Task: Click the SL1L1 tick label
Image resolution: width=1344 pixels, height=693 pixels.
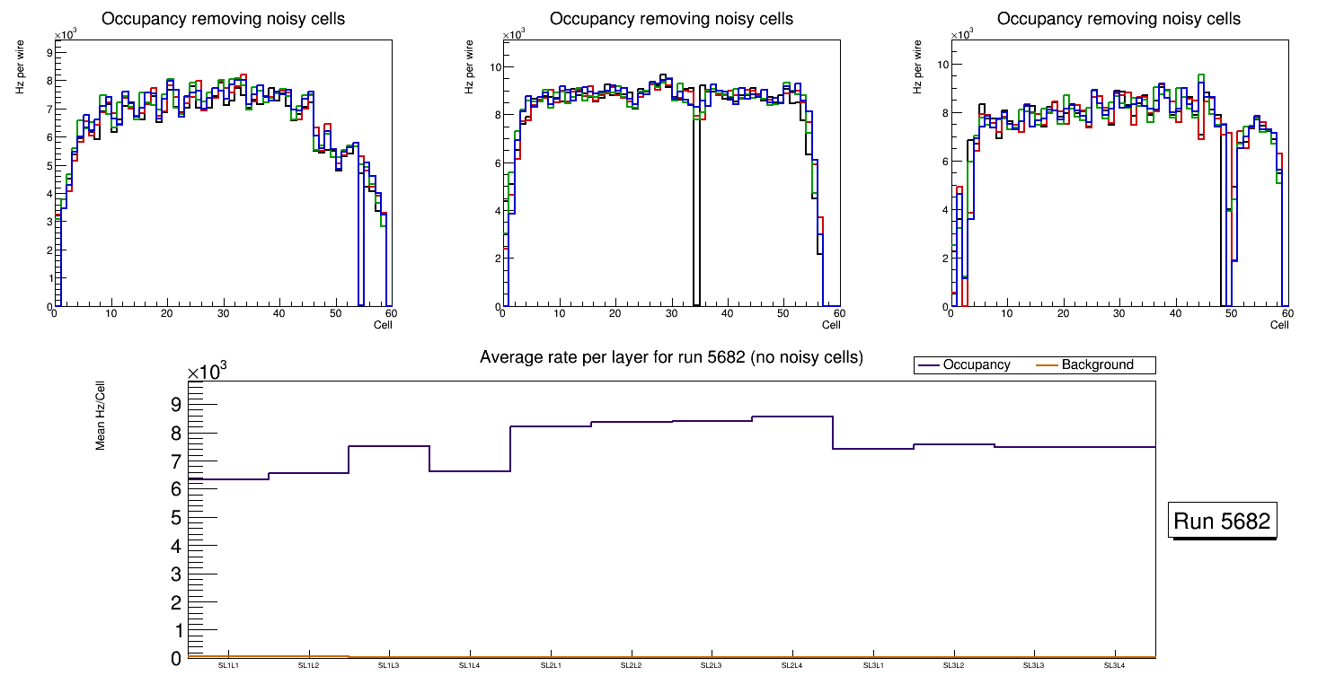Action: coord(229,666)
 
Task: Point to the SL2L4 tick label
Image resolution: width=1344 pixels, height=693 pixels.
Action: coord(791,666)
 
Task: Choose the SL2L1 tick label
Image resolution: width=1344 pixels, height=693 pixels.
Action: coord(551,666)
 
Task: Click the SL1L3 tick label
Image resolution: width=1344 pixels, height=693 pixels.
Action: coord(389,666)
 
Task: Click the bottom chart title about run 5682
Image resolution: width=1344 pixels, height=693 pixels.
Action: coord(671,357)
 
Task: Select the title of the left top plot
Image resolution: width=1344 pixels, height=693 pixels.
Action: coord(223,19)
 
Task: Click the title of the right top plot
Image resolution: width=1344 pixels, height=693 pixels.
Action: coord(1119,19)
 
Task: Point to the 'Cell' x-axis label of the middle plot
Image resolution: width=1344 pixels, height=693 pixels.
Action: coord(831,325)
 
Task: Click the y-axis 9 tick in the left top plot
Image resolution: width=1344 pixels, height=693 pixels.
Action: coord(47,52)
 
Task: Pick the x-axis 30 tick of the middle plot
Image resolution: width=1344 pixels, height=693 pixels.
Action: coord(670,314)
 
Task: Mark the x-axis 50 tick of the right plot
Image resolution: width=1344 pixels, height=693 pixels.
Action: coord(1231,314)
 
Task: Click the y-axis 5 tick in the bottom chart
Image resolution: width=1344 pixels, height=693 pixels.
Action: coord(175,518)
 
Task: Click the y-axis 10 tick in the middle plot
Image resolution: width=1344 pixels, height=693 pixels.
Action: coord(493,66)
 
